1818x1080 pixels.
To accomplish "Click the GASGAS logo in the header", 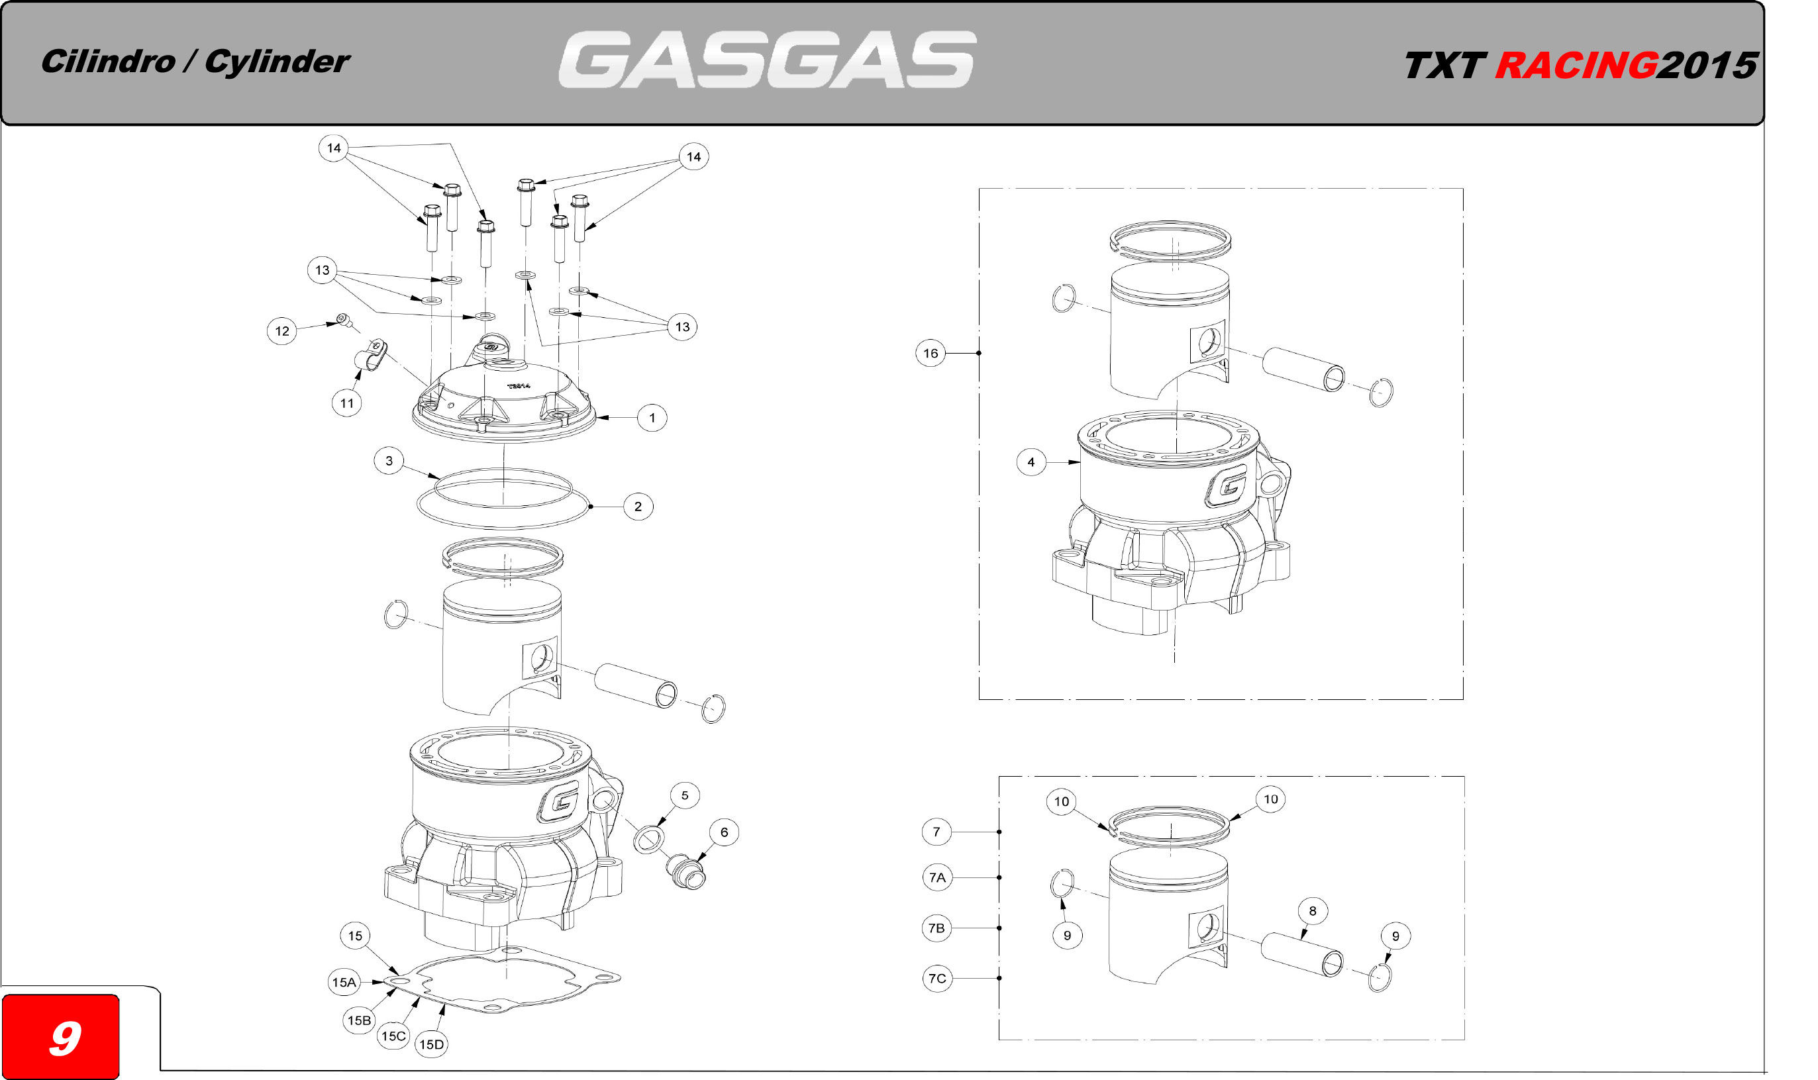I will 766,60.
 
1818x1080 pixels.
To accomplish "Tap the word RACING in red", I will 1576,66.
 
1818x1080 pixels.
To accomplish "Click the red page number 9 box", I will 61,1036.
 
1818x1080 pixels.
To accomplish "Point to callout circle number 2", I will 638,507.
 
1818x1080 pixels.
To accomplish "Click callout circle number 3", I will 389,461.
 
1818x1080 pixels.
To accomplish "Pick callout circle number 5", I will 684,795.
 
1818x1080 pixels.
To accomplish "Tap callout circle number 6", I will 723,832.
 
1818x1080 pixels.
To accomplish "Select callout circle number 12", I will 281,331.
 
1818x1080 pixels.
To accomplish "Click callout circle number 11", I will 346,403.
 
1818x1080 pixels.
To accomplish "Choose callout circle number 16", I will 930,354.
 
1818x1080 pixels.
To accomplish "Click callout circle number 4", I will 1031,462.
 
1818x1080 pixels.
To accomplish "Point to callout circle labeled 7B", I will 936,928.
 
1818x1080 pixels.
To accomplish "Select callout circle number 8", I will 1312,911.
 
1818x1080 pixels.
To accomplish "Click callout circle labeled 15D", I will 431,1045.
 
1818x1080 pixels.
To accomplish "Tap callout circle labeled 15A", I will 344,983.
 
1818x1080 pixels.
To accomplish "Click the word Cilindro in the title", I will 108,62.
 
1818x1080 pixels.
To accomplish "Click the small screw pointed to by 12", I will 343,319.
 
